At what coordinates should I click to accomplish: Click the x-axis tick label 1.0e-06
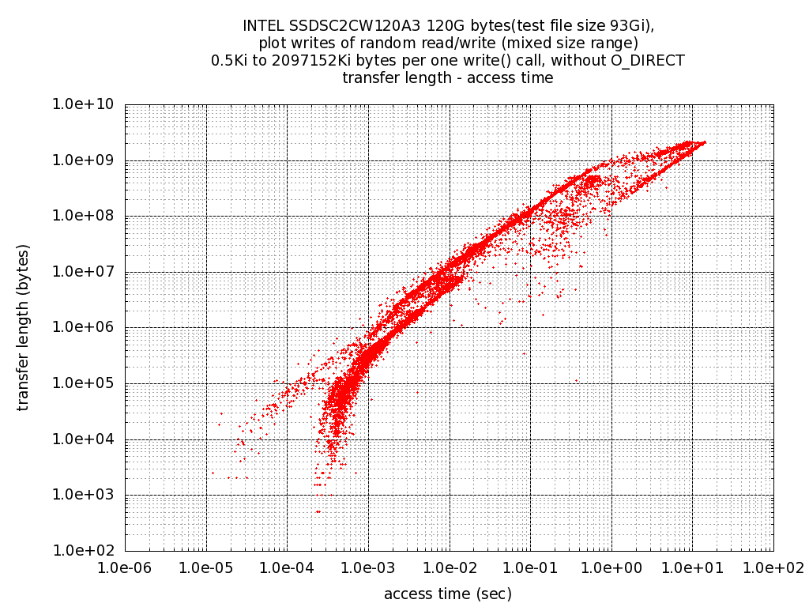click(x=125, y=567)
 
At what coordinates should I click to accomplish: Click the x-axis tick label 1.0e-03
click(x=368, y=567)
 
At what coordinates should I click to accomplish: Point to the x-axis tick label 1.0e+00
click(x=611, y=567)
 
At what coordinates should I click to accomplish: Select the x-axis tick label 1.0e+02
click(x=773, y=567)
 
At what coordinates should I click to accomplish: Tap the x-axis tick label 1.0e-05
click(x=206, y=567)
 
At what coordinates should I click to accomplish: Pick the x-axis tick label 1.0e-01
click(x=530, y=567)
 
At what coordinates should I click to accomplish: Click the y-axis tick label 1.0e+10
click(x=84, y=105)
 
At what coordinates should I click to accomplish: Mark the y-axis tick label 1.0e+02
click(x=84, y=551)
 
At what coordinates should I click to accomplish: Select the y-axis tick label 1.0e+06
click(x=84, y=328)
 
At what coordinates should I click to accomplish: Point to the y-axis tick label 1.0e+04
click(x=84, y=439)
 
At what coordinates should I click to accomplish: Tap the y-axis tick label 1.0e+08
click(x=84, y=217)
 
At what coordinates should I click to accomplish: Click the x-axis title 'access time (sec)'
click(x=448, y=594)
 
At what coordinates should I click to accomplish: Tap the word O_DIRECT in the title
click(x=648, y=61)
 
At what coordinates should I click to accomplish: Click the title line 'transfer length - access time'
click(x=448, y=78)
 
